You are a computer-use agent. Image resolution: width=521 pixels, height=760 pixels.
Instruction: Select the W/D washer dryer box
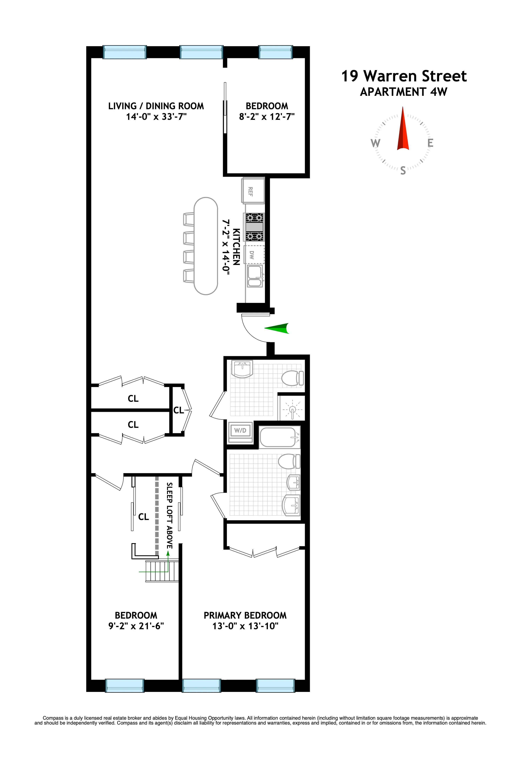(x=240, y=431)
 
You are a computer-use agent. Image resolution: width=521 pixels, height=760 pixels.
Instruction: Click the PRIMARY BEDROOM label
(x=245, y=615)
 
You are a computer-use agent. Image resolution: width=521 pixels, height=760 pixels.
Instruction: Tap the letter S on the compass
(x=403, y=170)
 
